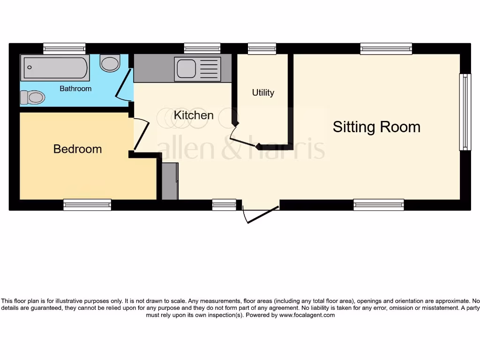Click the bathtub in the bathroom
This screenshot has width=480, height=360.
point(55,67)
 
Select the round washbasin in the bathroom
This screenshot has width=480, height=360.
point(110,63)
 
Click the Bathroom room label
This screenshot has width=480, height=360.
point(75,89)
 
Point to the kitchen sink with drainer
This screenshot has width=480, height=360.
point(197,68)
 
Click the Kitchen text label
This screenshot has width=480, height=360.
point(194,115)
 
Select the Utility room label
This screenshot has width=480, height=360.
point(263,92)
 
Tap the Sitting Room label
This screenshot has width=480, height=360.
point(376,127)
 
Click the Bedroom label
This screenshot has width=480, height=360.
point(77,149)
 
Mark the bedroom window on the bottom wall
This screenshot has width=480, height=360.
point(87,204)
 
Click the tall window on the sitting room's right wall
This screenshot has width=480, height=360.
point(465,112)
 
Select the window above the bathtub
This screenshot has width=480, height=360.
point(64,48)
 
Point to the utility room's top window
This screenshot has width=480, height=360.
point(262,48)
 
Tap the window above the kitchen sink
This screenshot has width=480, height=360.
point(202,48)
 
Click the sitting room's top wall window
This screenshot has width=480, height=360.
point(386,48)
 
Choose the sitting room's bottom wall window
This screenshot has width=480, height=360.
point(379,204)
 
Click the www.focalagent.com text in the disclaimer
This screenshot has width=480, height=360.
point(307,315)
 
